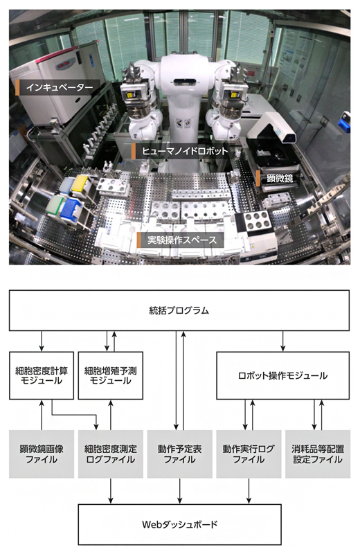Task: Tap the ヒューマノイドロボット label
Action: tap(181, 150)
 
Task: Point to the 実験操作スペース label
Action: tap(181, 240)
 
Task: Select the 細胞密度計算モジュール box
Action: tap(42, 375)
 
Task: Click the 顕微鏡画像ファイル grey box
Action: tap(42, 454)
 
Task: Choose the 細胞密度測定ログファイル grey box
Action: tap(111, 454)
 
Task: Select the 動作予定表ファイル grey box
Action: tap(179, 454)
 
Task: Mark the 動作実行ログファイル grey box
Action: tap(249, 454)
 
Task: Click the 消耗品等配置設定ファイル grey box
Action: tap(318, 454)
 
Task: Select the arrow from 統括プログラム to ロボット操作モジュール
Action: tap(283, 340)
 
